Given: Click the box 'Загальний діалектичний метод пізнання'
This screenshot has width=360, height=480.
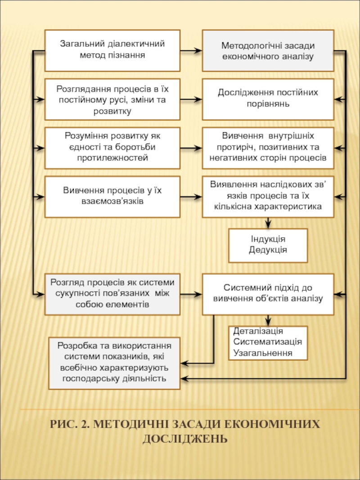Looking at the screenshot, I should tap(112, 50).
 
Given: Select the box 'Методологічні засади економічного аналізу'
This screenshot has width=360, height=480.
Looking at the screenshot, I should tap(268, 51).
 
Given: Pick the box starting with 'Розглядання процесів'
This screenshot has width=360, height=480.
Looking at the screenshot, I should tap(112, 99).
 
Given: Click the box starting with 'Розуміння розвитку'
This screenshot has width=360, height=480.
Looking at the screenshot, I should tap(112, 147).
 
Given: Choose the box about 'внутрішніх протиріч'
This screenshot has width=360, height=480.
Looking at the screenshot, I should tap(268, 147).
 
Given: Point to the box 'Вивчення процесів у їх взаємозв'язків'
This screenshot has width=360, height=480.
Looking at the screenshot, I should tap(112, 196).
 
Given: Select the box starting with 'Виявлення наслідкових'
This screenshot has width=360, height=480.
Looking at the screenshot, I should tap(268, 196).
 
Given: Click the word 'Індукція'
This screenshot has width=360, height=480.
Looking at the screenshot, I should tap(268, 239).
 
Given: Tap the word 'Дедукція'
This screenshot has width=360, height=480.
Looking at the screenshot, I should tap(268, 250).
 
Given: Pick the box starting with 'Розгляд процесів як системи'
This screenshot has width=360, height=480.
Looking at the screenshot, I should tap(112, 293).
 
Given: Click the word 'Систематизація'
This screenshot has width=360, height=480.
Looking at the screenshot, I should tap(267, 342).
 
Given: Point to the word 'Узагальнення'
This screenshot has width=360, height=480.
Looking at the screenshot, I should tap(263, 353).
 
